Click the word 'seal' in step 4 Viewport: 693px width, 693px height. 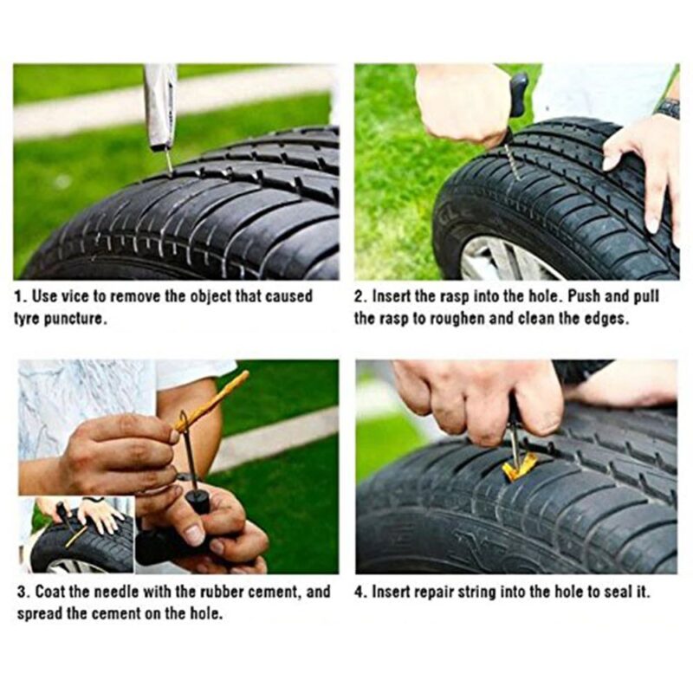616,592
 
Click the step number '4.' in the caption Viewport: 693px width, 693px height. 360,592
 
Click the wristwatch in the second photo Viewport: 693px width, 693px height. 668,109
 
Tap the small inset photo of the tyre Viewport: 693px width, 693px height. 76,534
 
